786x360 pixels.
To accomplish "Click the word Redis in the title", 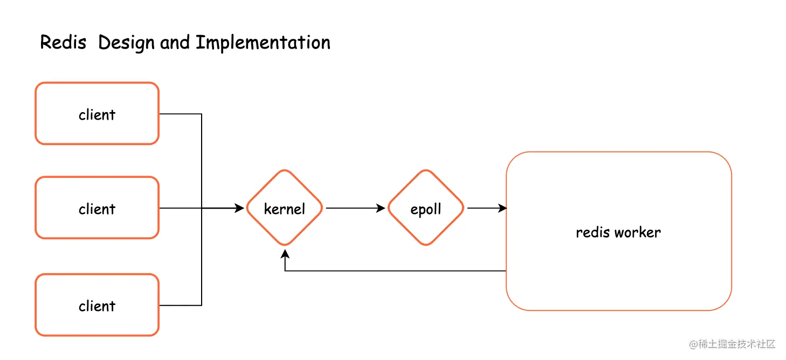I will [63, 43].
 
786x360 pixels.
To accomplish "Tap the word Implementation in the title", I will [263, 43].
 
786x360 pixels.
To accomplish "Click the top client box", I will [97, 114].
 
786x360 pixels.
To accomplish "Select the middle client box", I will [97, 208].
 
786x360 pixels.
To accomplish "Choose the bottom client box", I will [97, 305].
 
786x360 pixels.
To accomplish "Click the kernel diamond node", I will [285, 208].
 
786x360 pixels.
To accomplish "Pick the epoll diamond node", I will [426, 208].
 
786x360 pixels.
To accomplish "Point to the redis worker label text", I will [618, 232].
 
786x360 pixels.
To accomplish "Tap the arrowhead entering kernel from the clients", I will [240, 208].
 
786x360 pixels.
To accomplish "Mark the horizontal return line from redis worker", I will [394, 271].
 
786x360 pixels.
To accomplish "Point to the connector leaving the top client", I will [181, 114].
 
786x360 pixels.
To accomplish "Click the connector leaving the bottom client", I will [181, 305].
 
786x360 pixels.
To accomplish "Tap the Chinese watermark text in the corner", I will [736, 344].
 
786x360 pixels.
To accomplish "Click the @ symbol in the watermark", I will [694, 344].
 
